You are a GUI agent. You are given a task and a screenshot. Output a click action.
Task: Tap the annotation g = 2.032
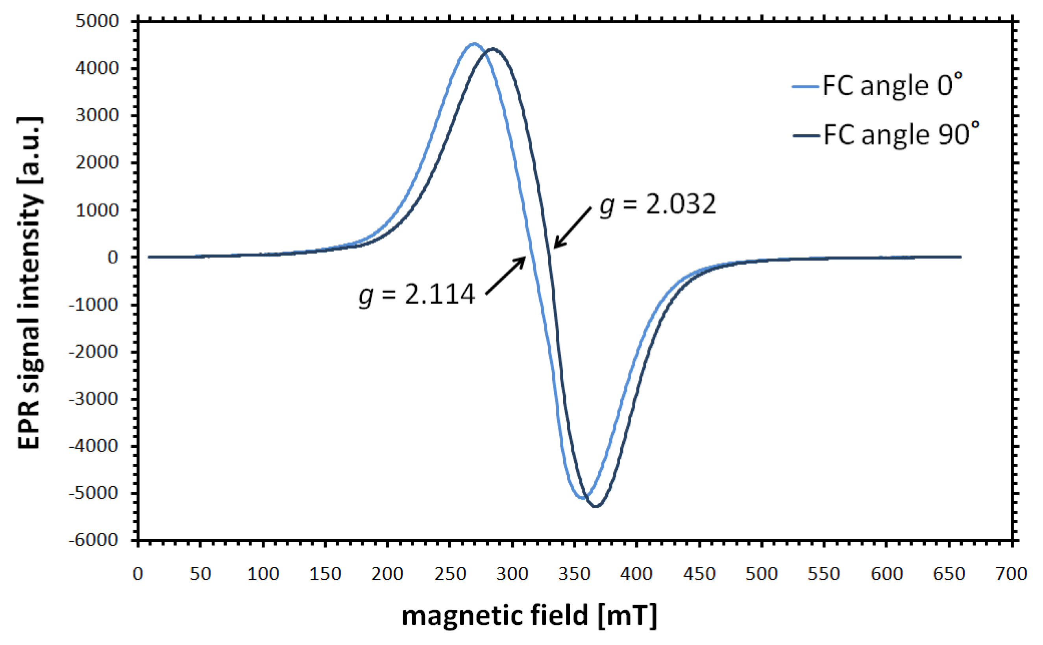658,204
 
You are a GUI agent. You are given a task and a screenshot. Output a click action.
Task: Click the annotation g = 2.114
416,295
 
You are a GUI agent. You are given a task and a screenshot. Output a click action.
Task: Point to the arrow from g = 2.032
573,227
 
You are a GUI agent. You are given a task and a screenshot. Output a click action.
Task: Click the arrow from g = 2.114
506,276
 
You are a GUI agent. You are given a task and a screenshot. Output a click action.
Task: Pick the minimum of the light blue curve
583,497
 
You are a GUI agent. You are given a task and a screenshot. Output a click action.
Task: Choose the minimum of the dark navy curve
596,506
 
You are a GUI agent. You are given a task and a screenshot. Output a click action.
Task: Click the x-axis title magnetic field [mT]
529,615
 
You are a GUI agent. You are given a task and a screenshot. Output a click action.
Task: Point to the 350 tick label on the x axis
574,574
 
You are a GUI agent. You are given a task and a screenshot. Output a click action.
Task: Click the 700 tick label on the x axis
1011,574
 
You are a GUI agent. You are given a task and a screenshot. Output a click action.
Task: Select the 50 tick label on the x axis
200,574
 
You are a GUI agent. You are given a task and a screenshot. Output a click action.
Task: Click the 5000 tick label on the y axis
97,21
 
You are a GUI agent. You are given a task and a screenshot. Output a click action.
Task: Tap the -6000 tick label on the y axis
94,540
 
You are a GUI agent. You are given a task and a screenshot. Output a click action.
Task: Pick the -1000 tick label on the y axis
94,305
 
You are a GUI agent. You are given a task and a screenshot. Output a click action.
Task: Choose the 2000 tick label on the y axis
97,163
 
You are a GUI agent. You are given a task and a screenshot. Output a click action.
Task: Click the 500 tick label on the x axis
762,574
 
